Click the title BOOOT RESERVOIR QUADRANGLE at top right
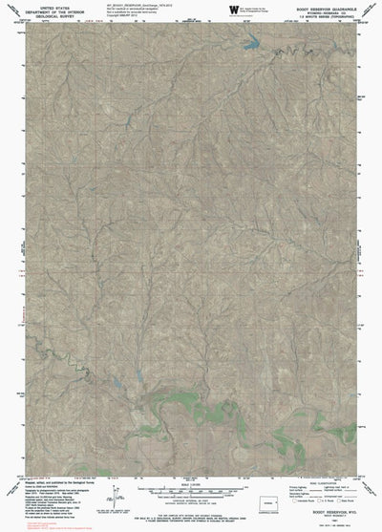[319, 6]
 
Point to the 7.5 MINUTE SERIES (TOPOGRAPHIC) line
[319, 16]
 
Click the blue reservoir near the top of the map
[252, 42]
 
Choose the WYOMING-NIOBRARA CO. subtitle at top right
[319, 11]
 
